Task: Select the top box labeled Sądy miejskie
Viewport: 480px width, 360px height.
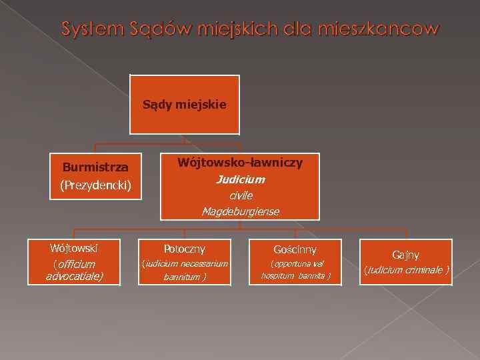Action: click(x=185, y=105)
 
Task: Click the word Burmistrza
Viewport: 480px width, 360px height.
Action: click(x=95, y=166)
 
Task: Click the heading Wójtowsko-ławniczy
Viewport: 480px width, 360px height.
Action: click(x=240, y=162)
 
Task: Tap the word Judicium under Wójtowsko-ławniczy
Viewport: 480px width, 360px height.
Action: click(x=240, y=179)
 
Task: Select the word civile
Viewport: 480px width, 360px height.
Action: click(x=241, y=195)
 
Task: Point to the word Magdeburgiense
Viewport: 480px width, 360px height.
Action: click(x=241, y=211)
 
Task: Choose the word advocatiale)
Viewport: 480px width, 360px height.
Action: click(x=74, y=275)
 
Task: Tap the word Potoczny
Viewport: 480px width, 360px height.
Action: click(x=185, y=249)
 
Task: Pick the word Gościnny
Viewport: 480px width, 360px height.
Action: click(x=295, y=249)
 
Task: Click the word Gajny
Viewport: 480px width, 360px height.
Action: click(x=405, y=255)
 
